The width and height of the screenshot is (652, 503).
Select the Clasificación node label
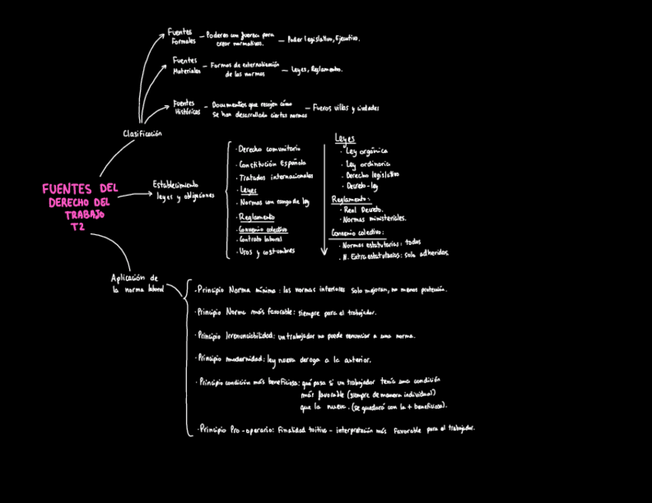[x=142, y=134]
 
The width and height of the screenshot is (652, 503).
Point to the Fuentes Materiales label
[x=185, y=65]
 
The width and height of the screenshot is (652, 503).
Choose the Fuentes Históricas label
[x=186, y=107]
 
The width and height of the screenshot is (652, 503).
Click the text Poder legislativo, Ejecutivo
[x=323, y=38]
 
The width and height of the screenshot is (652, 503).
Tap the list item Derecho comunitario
[x=268, y=148]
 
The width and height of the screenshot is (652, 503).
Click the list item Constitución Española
[x=272, y=163]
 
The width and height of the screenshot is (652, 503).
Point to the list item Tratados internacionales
[x=275, y=177]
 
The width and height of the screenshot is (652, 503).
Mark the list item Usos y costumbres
[x=266, y=251]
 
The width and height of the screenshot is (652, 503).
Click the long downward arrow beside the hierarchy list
[x=324, y=200]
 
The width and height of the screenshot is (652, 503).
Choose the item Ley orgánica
[x=367, y=151]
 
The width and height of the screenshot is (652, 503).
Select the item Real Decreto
[x=362, y=209]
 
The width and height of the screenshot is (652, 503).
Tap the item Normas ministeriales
[x=374, y=219]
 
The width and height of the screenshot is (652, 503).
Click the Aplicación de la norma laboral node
[x=137, y=283]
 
